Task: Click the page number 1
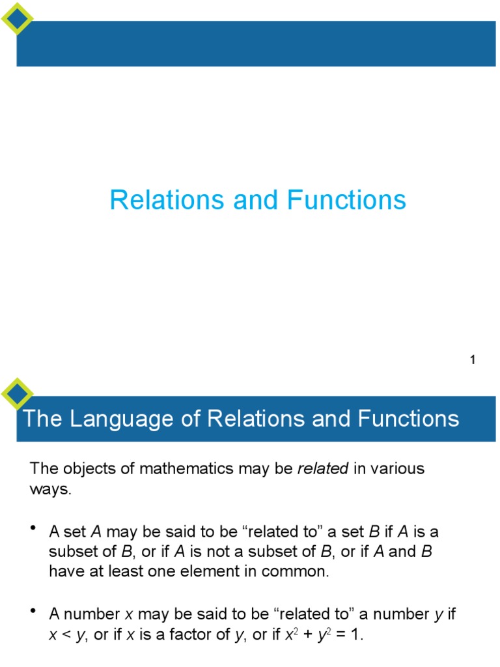pos(473,360)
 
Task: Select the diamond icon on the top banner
pos(17,18)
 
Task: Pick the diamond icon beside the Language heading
pos(17,393)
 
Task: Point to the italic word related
pos(323,469)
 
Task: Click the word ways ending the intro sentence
pos(49,490)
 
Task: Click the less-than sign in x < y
pos(64,636)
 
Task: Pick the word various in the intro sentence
pos(397,469)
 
